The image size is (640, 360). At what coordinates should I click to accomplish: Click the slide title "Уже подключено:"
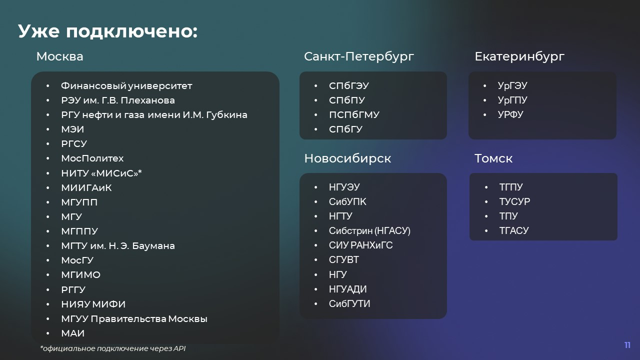pos(107,31)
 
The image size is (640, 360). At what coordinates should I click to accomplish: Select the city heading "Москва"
pos(59,56)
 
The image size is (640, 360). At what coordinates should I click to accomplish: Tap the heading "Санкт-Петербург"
pos(359,57)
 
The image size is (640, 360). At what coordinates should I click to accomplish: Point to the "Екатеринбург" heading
pos(519,57)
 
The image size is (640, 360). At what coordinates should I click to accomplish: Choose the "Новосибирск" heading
pos(347,158)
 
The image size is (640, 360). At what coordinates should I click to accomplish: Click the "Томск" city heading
pos(493,158)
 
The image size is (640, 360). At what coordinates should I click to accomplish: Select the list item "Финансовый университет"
pos(126,85)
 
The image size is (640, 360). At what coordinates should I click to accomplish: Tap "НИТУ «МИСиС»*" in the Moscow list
pos(101,173)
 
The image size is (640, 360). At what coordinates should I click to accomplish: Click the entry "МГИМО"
pos(81,275)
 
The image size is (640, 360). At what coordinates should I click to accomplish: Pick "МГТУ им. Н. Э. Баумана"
pos(118,245)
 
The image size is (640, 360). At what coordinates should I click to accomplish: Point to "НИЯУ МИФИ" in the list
pos(93,304)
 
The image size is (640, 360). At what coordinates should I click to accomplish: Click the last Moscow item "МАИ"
pos(73,333)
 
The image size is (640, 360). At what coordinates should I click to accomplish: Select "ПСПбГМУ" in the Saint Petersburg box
pos(354,115)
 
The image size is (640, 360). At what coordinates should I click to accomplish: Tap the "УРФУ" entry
pos(510,114)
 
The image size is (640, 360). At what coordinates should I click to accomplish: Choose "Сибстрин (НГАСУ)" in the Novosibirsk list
pos(369,230)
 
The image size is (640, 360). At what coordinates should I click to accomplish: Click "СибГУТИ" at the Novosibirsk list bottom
pos(349,303)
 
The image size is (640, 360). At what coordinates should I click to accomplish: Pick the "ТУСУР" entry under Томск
pos(514,201)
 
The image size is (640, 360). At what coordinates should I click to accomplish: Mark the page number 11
pos(627,345)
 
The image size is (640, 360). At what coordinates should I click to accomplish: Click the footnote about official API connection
pos(113,348)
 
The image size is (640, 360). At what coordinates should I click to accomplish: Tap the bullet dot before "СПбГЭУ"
pos(315,85)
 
